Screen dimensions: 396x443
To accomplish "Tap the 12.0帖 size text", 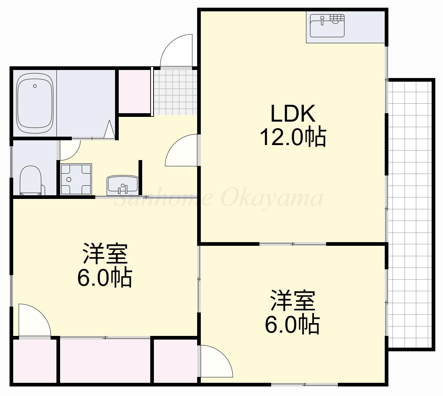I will (292, 137).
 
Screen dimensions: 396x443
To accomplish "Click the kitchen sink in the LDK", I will (327, 26).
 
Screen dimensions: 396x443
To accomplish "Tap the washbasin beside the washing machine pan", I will (122, 185).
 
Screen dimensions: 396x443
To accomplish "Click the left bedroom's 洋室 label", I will (105, 253).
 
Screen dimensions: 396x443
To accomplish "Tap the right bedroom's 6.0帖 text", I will (292, 324).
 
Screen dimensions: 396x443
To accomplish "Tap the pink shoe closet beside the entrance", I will (134, 91).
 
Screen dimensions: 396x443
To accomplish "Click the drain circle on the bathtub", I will (35, 86).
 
